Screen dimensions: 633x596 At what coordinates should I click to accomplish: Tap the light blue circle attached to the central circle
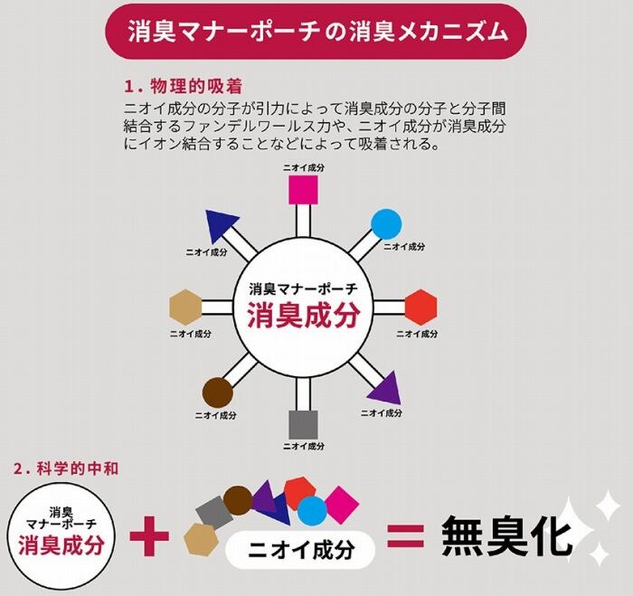click(x=386, y=224)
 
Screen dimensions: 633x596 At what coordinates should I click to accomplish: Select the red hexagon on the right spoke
click(x=421, y=307)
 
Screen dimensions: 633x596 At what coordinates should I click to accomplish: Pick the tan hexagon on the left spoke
click(x=185, y=307)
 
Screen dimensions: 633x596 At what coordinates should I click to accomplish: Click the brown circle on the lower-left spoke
click(x=218, y=393)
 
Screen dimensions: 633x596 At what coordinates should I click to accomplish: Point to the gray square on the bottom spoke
click(x=303, y=425)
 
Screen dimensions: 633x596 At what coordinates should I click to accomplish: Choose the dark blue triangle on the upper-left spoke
click(x=221, y=226)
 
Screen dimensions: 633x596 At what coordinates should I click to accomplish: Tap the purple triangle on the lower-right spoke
click(x=385, y=388)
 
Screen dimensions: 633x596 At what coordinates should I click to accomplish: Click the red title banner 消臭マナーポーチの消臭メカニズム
click(x=316, y=32)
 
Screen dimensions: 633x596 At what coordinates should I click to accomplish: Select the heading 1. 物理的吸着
click(x=184, y=87)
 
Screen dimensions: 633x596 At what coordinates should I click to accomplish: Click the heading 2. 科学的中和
click(x=66, y=468)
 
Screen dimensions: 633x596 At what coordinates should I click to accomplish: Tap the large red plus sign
click(x=149, y=536)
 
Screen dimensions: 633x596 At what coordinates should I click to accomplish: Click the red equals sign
click(x=406, y=535)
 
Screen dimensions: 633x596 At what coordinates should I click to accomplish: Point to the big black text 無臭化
click(x=506, y=536)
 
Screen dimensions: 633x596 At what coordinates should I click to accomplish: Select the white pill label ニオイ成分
click(x=300, y=550)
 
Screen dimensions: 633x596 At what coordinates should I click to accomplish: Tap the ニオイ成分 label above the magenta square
click(x=304, y=168)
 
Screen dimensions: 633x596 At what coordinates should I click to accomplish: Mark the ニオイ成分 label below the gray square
click(x=304, y=446)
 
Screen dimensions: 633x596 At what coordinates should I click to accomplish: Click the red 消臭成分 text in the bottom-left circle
click(x=61, y=546)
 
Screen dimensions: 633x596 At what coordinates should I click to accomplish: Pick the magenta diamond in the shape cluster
click(x=342, y=503)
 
